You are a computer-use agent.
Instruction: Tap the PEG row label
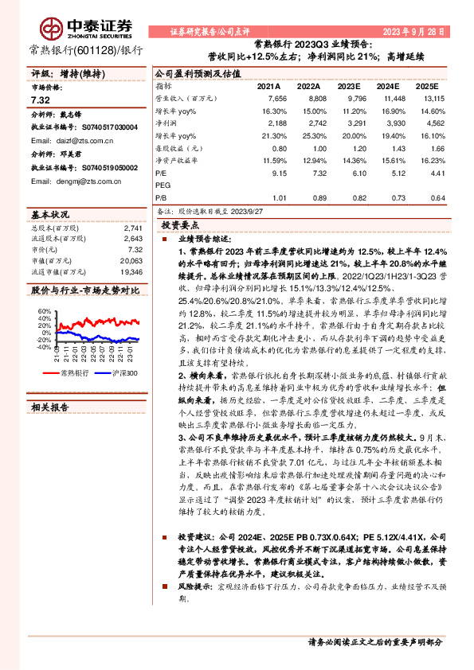(x=163, y=185)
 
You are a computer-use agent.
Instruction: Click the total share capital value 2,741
(x=134, y=228)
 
